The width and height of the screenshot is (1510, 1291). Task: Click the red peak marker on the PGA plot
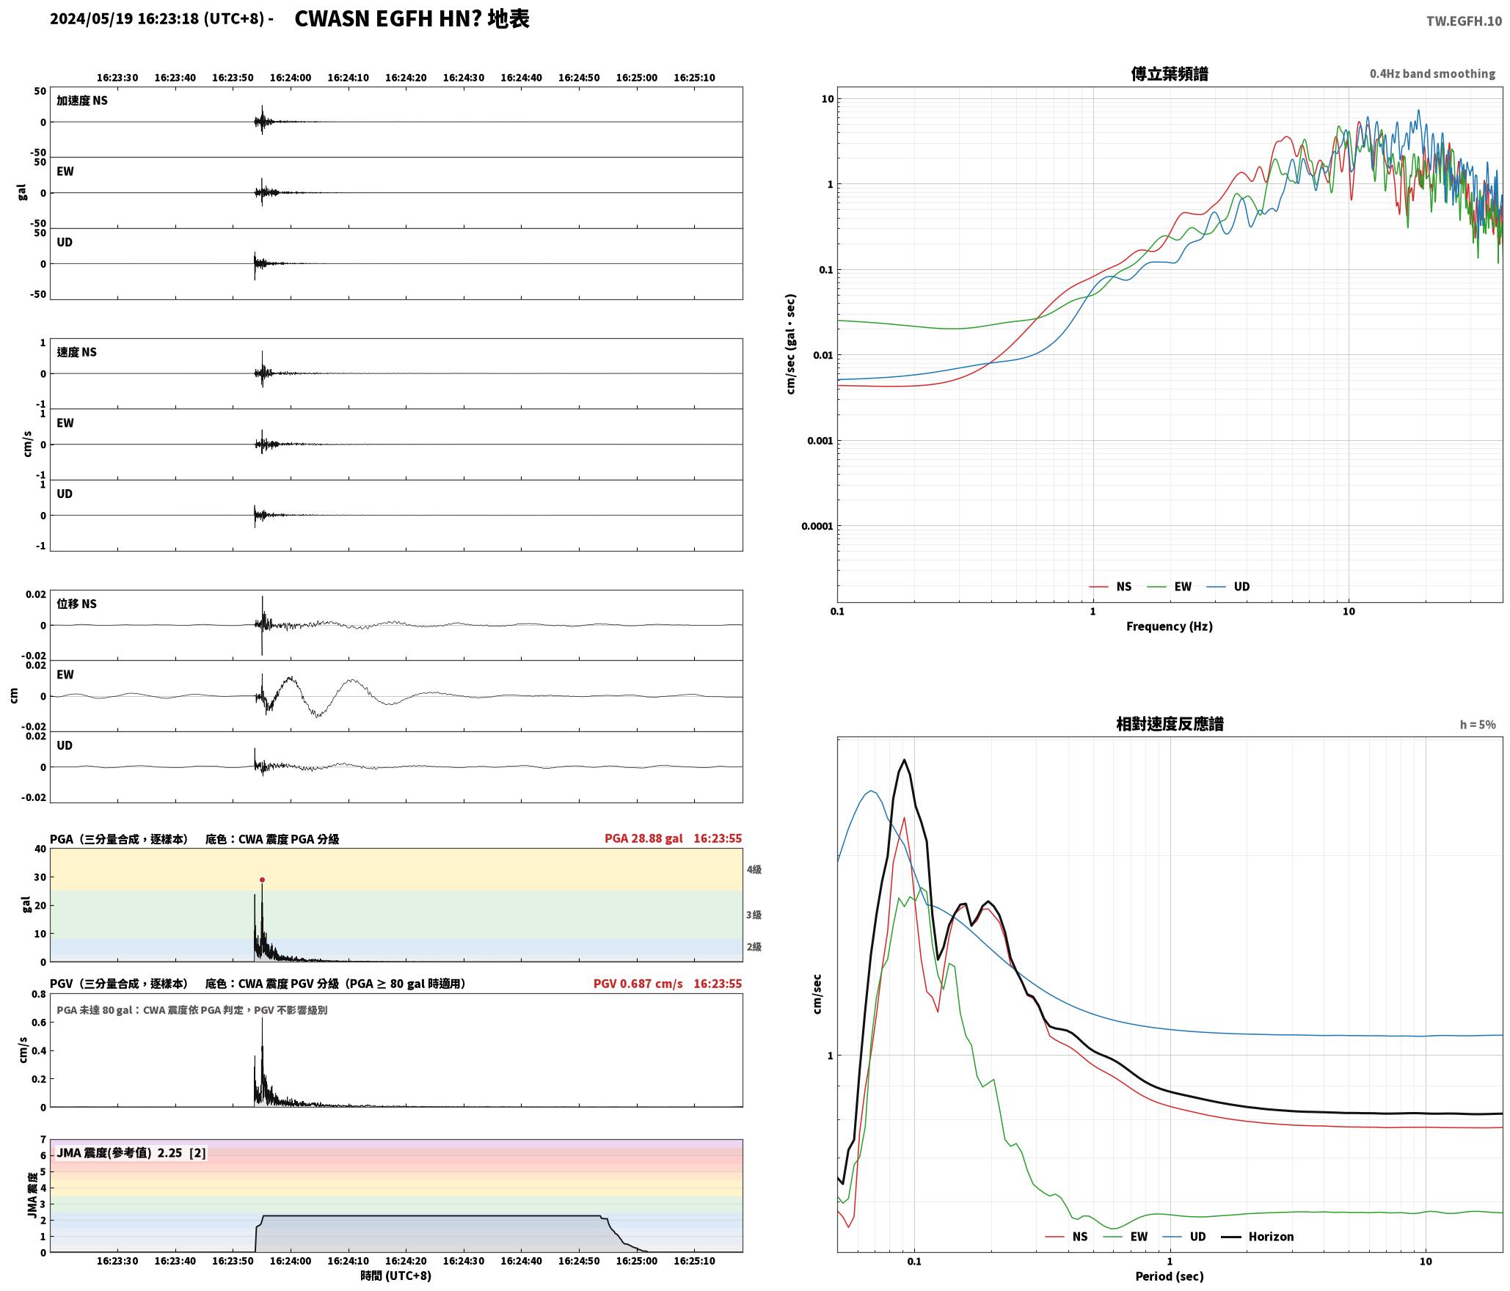262,879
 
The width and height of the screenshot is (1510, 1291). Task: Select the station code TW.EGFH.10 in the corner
1464,21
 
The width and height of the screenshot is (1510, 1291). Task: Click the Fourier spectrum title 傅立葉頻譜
1170,74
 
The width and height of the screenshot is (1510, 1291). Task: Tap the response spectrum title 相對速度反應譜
1170,724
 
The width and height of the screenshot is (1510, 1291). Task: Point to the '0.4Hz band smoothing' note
1432,74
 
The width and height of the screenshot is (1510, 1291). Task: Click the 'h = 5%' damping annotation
1478,725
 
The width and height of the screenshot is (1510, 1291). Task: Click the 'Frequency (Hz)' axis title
1170,626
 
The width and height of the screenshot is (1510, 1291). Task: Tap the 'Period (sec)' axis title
1170,1276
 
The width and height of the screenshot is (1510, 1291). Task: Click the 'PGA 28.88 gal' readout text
643,838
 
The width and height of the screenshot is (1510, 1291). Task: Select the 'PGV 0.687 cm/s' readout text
638,984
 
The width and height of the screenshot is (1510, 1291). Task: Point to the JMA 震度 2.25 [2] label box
131,1153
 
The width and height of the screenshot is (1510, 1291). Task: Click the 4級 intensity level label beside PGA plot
754,869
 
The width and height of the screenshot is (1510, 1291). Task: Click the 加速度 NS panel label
82,100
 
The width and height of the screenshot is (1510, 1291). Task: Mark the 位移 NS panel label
76,604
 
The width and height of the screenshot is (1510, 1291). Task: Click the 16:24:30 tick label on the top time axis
464,78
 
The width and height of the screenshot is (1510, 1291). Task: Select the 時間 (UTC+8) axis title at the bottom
395,1276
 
